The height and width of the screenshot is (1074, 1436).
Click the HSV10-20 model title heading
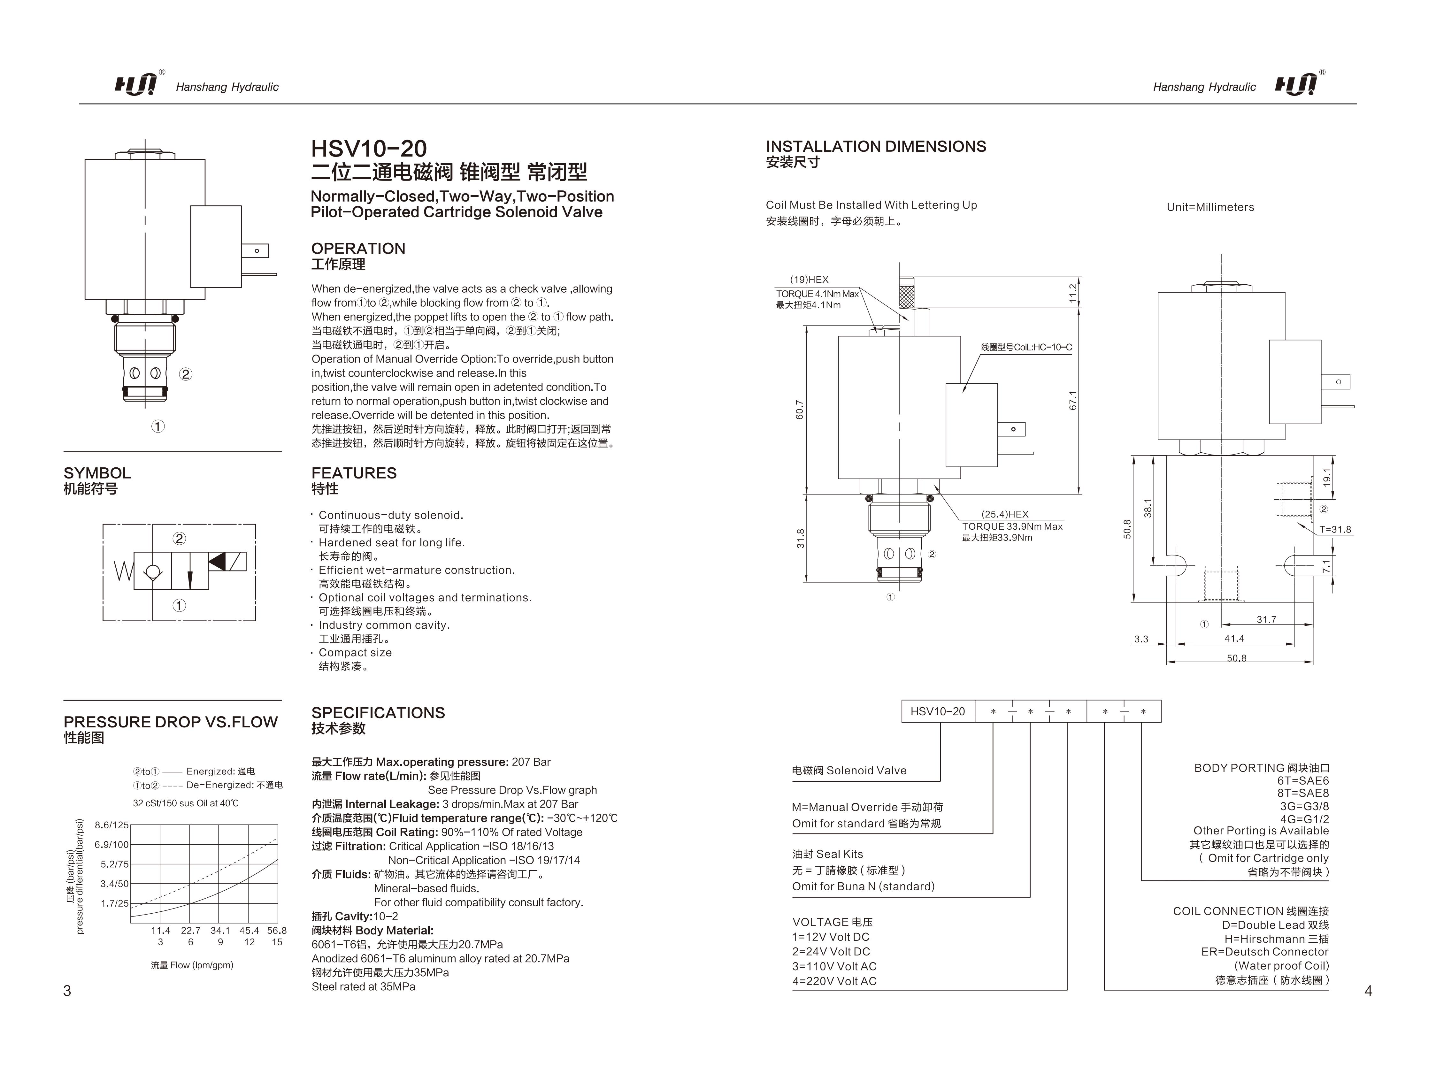(x=369, y=149)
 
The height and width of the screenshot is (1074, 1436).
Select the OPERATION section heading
(x=358, y=249)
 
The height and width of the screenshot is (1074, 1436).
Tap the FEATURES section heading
(x=354, y=473)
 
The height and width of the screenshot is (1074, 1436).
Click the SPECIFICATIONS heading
(x=378, y=713)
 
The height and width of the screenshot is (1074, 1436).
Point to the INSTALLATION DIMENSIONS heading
(x=876, y=147)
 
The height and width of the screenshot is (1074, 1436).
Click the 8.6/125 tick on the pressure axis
(x=112, y=825)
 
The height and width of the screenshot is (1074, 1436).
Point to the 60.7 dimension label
(x=800, y=410)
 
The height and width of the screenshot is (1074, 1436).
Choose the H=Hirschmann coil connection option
(x=1276, y=939)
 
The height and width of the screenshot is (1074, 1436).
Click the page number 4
(x=1368, y=991)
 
